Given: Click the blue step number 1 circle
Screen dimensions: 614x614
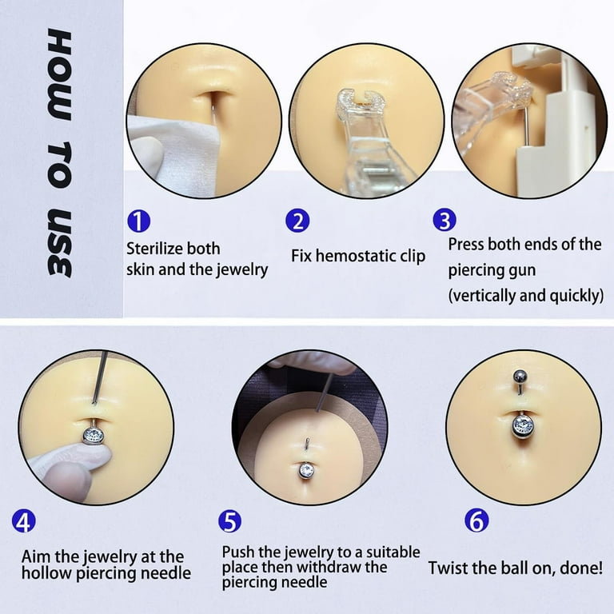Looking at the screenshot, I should click(x=138, y=220).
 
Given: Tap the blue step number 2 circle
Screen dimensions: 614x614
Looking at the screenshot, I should click(x=298, y=220).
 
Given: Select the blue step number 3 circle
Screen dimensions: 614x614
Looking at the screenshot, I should click(x=445, y=220).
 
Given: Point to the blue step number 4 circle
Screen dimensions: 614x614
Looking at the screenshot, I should click(x=25, y=522).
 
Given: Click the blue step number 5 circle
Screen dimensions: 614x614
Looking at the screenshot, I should click(x=229, y=522).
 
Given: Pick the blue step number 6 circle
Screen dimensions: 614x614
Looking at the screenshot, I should click(x=477, y=522).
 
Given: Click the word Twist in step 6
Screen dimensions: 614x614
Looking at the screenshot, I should click(x=450, y=568).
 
